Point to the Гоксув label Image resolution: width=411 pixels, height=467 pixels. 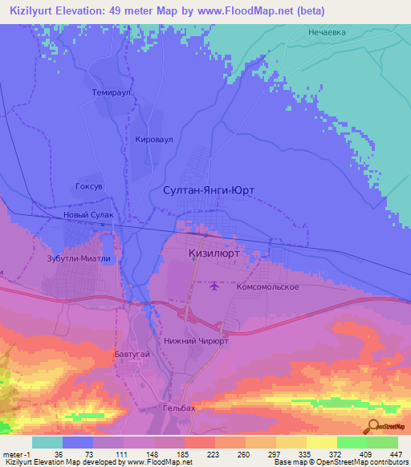(x=88, y=185)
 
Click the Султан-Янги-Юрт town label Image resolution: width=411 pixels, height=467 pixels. (x=209, y=191)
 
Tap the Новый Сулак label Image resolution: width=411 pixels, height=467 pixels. (x=93, y=216)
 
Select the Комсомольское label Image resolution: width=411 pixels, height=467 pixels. (x=268, y=286)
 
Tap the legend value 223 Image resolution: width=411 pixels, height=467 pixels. (x=193, y=453)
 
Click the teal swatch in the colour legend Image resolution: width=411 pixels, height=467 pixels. (x=47, y=442)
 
